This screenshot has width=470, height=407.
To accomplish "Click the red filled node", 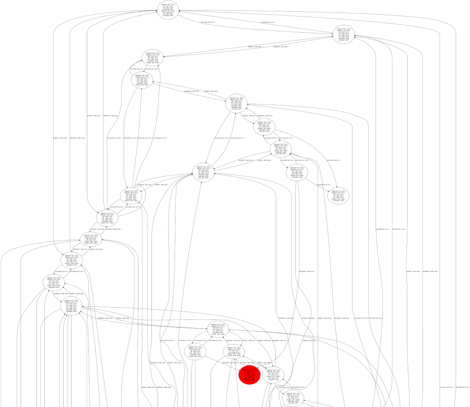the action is pos(249,375).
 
